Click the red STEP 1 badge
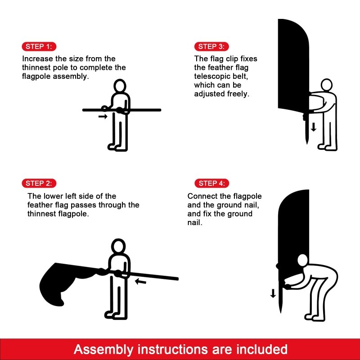[x=39, y=47]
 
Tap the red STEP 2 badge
[x=39, y=183]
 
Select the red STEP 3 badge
[x=211, y=47]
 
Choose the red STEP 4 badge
[x=211, y=183]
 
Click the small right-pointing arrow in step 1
[x=103, y=117]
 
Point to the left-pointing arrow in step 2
[x=140, y=281]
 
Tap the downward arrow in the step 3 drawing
[x=314, y=127]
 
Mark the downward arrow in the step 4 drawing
[x=273, y=293]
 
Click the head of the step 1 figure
[x=120, y=86]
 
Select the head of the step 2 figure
[x=118, y=246]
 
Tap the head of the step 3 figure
[x=327, y=85]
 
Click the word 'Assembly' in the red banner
[x=103, y=350]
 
